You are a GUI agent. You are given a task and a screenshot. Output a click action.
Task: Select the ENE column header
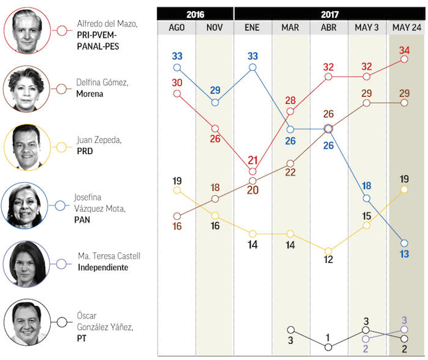pyautogui.click(x=252, y=28)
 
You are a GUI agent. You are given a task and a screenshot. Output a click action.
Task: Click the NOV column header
pyautogui.click(x=215, y=28)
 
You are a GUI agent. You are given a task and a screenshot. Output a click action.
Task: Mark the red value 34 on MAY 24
pyautogui.click(x=404, y=50)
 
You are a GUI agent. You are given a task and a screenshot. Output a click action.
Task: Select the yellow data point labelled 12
pyautogui.click(x=328, y=251)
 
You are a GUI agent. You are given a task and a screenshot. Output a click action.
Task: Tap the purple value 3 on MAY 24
pyautogui.click(x=404, y=320)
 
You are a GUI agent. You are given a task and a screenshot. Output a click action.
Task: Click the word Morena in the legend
pyautogui.click(x=90, y=95)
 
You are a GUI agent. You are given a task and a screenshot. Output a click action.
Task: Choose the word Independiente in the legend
pyautogui.click(x=103, y=268)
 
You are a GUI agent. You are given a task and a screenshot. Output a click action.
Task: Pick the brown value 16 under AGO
pyautogui.click(x=177, y=226)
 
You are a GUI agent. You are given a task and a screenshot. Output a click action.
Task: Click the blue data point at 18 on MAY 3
pyautogui.click(x=366, y=199)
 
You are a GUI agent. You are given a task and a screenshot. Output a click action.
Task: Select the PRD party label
pyautogui.click(x=84, y=151)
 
